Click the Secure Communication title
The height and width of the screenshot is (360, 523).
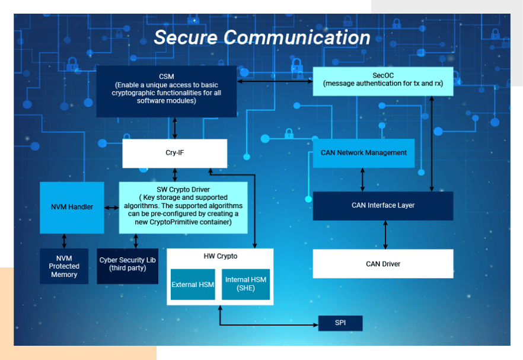[x=261, y=37]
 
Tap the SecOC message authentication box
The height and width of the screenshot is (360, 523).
[x=382, y=81]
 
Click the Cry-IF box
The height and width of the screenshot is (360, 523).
[x=174, y=153]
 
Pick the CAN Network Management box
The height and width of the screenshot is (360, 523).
[x=363, y=152]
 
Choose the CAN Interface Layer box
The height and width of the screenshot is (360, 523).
[x=382, y=205]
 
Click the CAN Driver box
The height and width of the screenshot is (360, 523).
[x=382, y=263]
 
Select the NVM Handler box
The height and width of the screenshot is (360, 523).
[x=72, y=207]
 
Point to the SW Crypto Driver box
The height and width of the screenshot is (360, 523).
[x=183, y=206]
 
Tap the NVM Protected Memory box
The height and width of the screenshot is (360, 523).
[x=64, y=266]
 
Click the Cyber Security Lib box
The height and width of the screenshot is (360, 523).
[x=127, y=265]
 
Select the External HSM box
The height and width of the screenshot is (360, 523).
[x=193, y=285]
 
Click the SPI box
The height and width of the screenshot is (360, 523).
[x=340, y=323]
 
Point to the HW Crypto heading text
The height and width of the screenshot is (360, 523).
[x=220, y=256]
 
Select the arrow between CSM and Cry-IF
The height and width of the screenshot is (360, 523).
[x=175, y=128]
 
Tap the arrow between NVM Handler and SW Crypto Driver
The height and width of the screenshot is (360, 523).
[x=111, y=207]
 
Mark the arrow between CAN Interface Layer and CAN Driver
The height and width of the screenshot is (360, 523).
[x=386, y=234]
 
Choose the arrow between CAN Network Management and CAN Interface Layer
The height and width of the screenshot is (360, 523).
[x=363, y=179]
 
